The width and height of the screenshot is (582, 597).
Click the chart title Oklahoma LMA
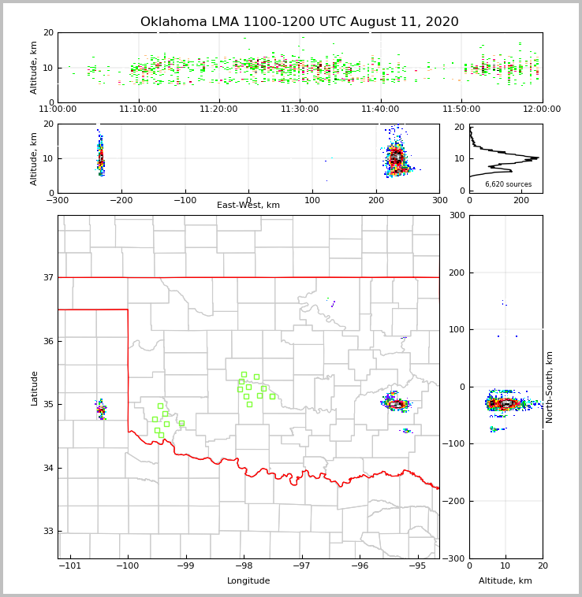[299, 22]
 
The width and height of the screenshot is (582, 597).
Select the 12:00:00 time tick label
[542, 109]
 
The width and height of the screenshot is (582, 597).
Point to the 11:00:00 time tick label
[58, 109]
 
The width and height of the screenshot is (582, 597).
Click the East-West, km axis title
[248, 206]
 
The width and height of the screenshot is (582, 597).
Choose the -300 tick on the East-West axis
[58, 200]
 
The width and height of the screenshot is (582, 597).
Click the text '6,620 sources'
[508, 184]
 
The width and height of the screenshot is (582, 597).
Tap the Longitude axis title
[248, 581]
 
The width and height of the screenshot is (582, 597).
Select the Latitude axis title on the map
[34, 387]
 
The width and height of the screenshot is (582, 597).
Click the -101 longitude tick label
[69, 565]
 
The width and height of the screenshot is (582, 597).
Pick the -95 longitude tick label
[417, 565]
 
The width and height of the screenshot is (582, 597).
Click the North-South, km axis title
[550, 387]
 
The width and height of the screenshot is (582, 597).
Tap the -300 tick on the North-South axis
[455, 558]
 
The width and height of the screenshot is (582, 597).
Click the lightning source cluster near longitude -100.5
[101, 409]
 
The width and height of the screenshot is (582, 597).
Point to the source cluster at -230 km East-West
[101, 158]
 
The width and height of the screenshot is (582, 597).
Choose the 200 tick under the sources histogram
[521, 200]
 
